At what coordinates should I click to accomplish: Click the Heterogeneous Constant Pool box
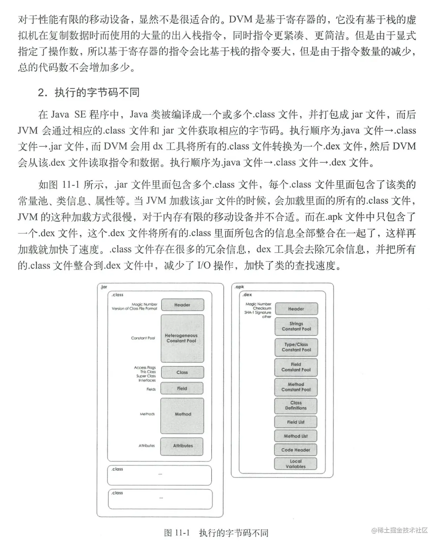click(x=182, y=338)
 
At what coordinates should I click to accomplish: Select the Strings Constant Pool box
click(x=296, y=326)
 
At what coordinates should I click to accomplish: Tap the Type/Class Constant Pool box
click(x=296, y=347)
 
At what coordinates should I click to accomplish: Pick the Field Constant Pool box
click(x=296, y=367)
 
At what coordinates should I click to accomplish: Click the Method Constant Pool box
click(x=296, y=387)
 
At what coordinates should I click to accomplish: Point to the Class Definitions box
click(x=296, y=406)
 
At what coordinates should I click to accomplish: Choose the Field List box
click(x=296, y=422)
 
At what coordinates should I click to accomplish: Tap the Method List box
click(x=296, y=436)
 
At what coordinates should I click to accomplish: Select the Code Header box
click(x=296, y=450)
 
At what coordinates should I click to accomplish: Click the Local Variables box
click(x=296, y=464)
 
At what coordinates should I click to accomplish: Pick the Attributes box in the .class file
click(x=182, y=446)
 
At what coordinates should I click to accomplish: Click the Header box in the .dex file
click(x=296, y=309)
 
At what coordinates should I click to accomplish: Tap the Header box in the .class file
click(x=182, y=305)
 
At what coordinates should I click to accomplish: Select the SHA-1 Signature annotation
click(x=258, y=312)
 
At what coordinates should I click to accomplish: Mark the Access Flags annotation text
click(x=145, y=367)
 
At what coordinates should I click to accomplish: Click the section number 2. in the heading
click(x=43, y=92)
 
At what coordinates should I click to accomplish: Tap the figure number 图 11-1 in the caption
click(x=177, y=533)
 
